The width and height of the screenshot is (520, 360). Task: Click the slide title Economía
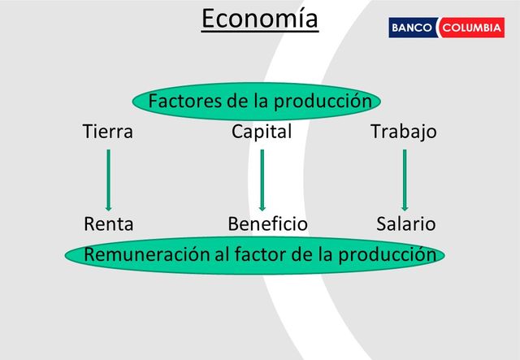coord(260,19)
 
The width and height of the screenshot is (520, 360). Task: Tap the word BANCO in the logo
coord(413,28)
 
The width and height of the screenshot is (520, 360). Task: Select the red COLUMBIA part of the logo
coord(471,28)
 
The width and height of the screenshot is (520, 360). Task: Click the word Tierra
coord(108,131)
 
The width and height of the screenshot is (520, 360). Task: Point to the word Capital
coord(262,131)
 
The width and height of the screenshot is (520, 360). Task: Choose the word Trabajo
coord(404,131)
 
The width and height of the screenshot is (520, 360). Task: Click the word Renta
coord(109,223)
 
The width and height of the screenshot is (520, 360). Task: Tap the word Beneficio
coord(268,223)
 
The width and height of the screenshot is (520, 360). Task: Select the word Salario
coord(406,223)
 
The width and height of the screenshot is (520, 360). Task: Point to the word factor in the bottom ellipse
coord(258,254)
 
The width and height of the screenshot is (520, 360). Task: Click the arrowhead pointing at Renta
coord(108,207)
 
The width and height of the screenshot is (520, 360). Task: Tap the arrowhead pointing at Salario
coord(404,207)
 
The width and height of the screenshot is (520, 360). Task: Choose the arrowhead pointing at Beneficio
coord(262,207)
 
